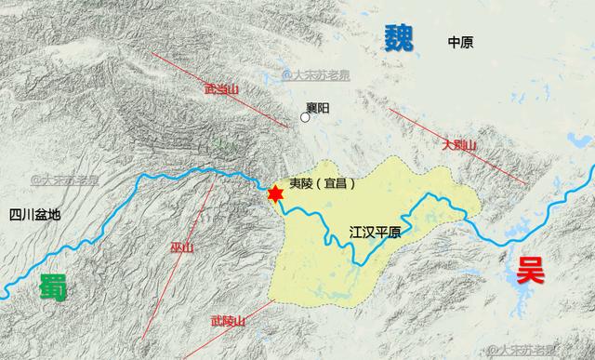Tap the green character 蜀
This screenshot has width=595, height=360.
coord(53,287)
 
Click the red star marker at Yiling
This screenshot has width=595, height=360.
coord(275,193)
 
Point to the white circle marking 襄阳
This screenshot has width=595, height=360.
coord(305,116)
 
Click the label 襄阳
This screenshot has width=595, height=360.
coord(318,109)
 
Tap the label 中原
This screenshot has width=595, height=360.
coord(460,42)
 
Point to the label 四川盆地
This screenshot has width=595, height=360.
coord(34,214)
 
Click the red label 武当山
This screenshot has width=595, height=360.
coord(222,89)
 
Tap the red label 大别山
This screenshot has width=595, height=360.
coord(458,145)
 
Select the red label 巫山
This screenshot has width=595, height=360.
coord(182,247)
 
